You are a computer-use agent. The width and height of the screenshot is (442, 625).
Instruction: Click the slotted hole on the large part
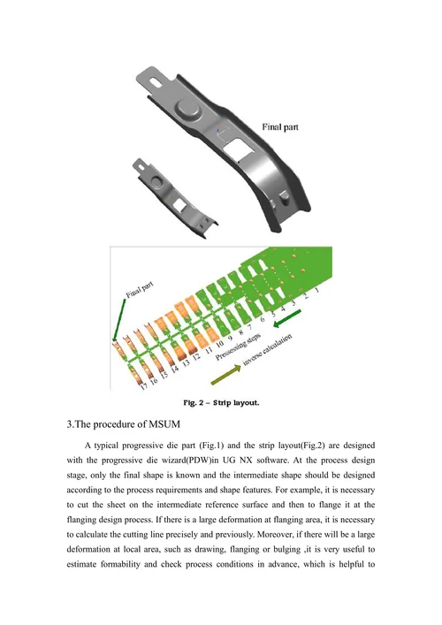[x=156, y=81]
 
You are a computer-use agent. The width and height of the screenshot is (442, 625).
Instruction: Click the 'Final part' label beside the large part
[x=280, y=126]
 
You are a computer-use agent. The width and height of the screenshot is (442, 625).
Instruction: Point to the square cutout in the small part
[x=179, y=205]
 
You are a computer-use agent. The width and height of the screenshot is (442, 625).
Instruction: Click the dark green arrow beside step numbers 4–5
[x=287, y=318]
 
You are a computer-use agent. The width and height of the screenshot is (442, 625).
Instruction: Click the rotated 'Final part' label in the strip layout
[x=140, y=290]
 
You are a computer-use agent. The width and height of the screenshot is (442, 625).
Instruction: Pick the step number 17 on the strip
[x=145, y=385]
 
